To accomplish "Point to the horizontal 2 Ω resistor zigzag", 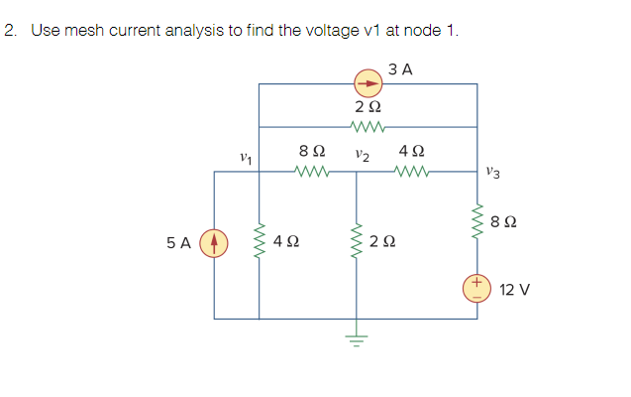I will point(368,126).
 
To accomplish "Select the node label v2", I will point(362,155).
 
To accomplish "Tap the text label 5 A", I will point(179,242).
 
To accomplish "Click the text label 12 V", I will point(514,290).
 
